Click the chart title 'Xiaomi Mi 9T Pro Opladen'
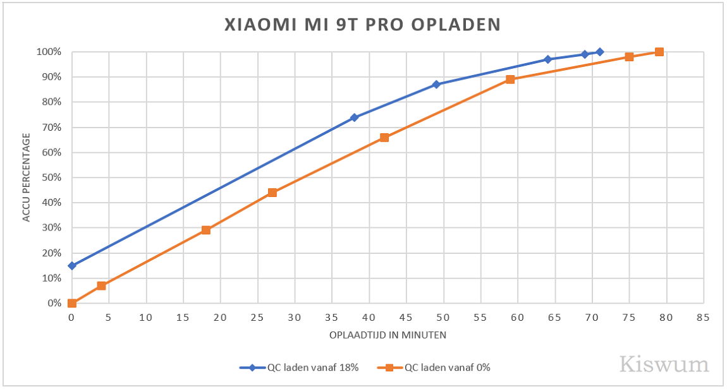click(363, 25)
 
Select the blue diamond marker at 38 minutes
click(354, 117)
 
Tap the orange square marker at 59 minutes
click(510, 80)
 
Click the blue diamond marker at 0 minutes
click(72, 266)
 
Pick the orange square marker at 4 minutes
click(101, 285)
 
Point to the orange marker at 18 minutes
click(205, 230)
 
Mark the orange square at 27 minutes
click(272, 193)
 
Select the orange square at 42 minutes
click(384, 138)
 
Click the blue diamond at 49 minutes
click(436, 85)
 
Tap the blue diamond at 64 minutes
click(547, 59)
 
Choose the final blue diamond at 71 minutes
click(599, 52)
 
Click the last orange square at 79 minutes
click(659, 52)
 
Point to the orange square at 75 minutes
click(629, 57)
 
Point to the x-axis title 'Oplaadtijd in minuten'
click(388, 335)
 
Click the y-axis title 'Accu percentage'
click(27, 177)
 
